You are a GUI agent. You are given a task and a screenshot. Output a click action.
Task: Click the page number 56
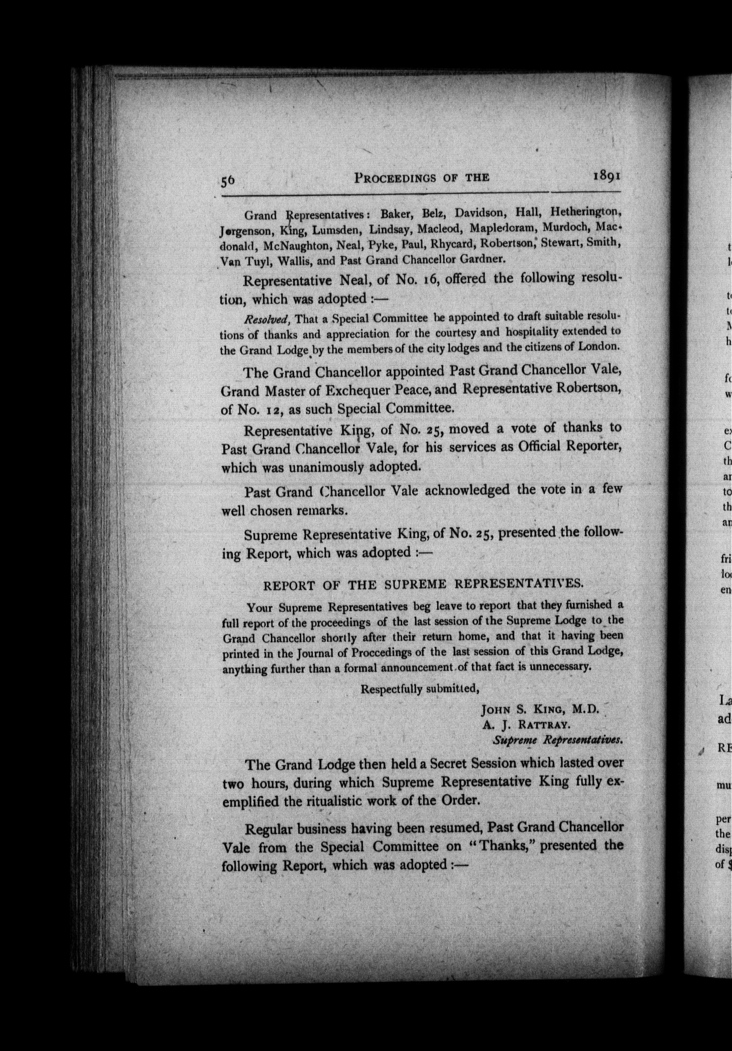tap(228, 180)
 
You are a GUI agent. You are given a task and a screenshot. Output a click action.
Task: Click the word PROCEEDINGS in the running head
tap(395, 178)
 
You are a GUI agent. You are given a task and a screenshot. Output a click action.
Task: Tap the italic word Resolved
tap(267, 319)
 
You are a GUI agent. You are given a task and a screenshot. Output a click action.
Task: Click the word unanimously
tap(327, 467)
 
